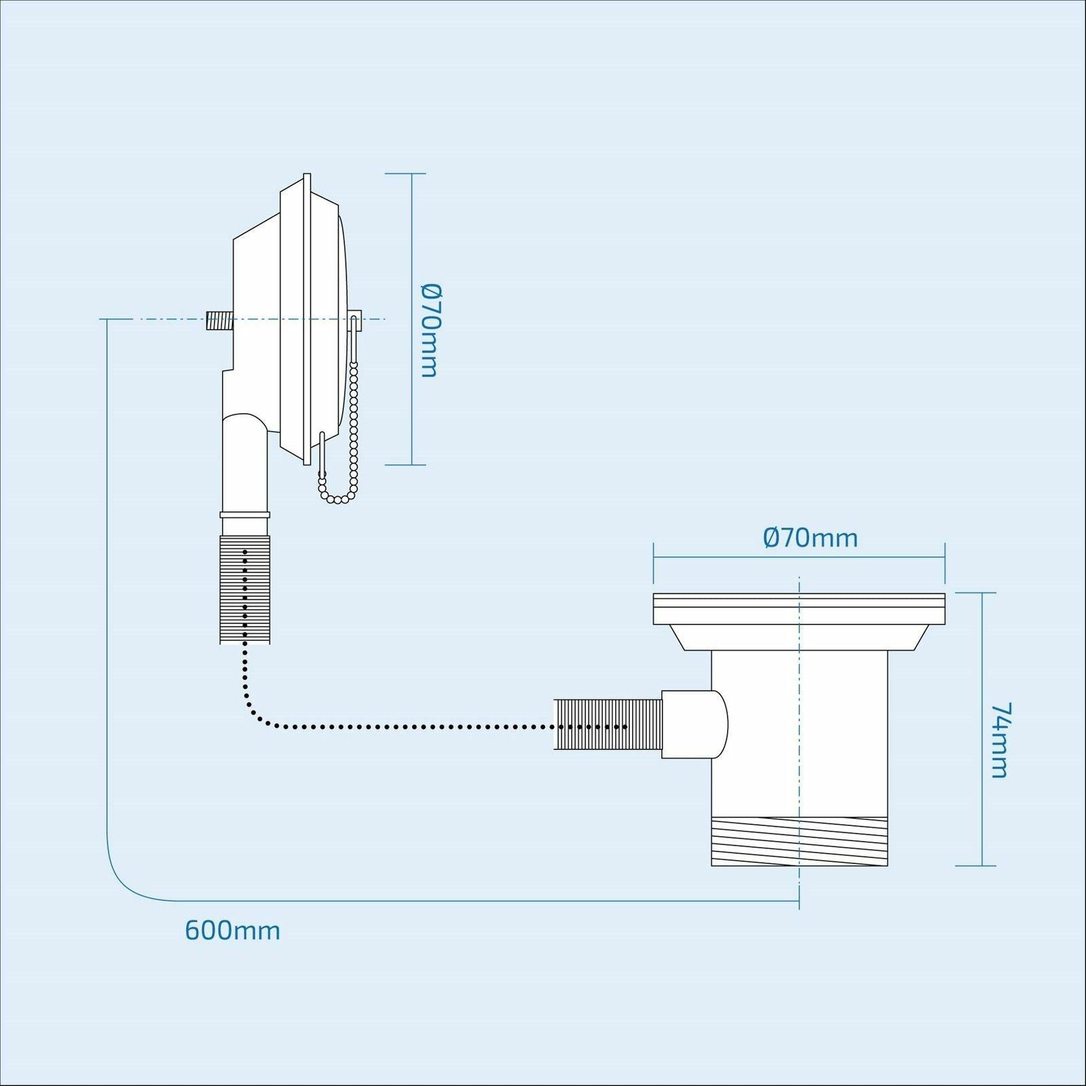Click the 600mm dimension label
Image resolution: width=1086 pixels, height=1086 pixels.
[x=232, y=929]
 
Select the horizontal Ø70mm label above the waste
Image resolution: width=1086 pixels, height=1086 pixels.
[x=810, y=538]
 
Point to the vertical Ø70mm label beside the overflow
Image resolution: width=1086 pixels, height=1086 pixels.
[x=430, y=330]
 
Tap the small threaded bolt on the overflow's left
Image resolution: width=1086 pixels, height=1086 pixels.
[x=217, y=320]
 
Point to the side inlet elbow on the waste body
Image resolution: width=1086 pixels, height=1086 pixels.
[x=694, y=724]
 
